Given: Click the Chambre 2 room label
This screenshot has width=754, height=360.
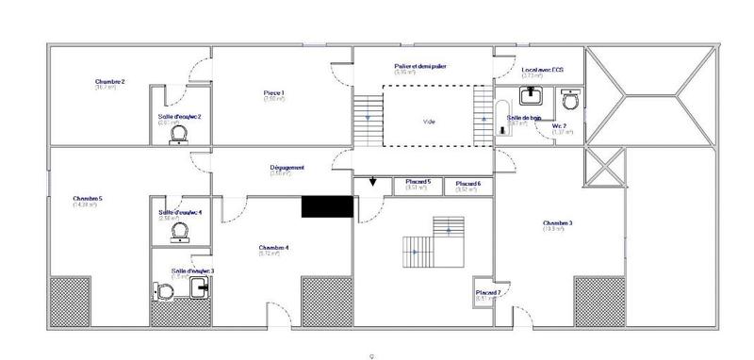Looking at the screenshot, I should pos(110,82).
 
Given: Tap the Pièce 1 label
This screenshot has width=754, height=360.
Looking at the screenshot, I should pos(274,92).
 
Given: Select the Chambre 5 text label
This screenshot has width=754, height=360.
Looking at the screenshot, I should pos(88,199).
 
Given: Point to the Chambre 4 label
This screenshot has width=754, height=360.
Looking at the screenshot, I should pos(274,249).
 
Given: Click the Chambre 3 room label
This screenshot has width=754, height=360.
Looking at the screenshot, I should pos(558,223).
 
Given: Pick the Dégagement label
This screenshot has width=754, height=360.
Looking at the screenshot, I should pos(287,168).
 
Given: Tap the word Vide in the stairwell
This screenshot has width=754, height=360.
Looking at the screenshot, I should pos(429,122).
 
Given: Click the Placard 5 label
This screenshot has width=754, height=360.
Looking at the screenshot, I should pos(418,182).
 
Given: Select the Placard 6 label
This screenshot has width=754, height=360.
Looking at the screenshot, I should pos(468,184).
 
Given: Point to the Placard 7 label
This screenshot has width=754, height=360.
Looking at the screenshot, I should pos(487,292).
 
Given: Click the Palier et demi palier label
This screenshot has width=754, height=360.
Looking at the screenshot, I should pos(419,66).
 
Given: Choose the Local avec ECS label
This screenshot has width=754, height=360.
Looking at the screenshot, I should pos(543,70).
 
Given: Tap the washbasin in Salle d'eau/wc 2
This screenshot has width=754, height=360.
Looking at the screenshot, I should pos(180,135).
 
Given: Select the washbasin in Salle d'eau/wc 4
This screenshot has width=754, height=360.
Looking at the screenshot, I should pos(180,234).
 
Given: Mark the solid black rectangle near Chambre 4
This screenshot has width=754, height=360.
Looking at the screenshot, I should pos(326,206).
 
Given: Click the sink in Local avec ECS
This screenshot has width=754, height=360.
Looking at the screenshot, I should pos(531,95).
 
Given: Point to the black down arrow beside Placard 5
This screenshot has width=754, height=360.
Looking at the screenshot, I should pos(373,183).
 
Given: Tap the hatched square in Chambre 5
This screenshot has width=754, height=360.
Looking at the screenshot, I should pos(69,300).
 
